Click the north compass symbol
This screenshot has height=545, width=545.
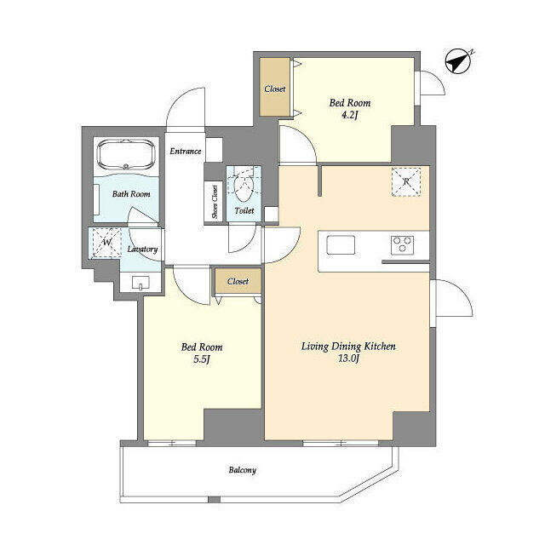[x=458, y=61]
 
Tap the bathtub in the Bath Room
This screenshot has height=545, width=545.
[x=126, y=154]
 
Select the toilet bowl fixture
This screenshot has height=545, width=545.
[x=244, y=187]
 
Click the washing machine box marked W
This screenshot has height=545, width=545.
[x=106, y=243]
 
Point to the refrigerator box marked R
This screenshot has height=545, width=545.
[x=406, y=182]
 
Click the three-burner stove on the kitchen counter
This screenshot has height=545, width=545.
[x=403, y=244]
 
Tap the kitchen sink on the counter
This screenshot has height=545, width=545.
[x=341, y=244]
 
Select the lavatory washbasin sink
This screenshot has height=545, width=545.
[x=141, y=283]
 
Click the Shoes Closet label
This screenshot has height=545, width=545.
[x=215, y=202]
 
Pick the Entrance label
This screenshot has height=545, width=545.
[x=186, y=152]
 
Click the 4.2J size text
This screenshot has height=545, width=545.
[x=350, y=115]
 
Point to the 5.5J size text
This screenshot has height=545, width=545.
[x=202, y=359]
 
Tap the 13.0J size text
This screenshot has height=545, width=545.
[x=348, y=359]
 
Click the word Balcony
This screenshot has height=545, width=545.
[x=243, y=470]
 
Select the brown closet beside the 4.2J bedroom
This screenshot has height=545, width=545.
[x=274, y=87]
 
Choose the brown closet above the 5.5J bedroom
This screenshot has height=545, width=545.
[x=238, y=281]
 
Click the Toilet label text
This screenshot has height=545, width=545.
[x=244, y=210]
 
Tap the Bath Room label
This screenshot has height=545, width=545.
[x=131, y=194]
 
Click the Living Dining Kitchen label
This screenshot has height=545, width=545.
[x=348, y=347]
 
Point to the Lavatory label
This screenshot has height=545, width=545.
[x=142, y=249]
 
